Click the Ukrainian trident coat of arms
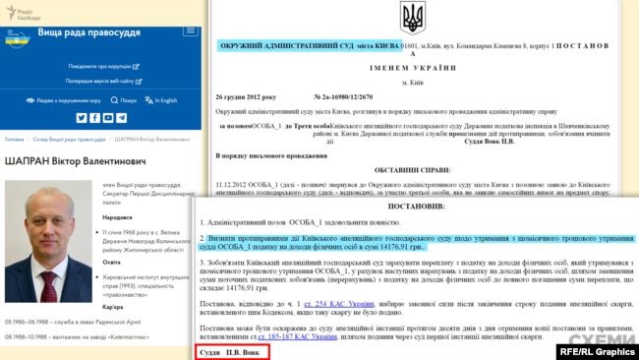413,17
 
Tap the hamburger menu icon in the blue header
190,33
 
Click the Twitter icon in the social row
82,118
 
